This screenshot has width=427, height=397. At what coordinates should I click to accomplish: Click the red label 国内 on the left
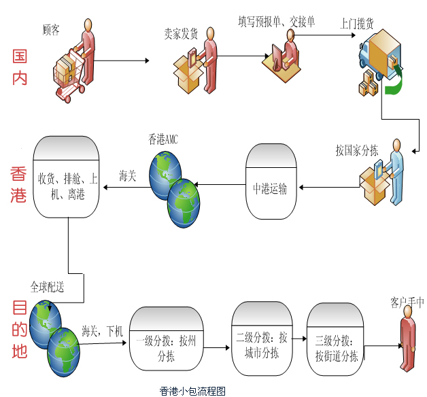[20, 66]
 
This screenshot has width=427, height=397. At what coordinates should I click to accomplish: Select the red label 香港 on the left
[18, 184]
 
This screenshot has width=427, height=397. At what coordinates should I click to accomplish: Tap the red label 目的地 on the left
[19, 331]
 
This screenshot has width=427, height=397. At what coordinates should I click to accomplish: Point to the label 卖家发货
[180, 32]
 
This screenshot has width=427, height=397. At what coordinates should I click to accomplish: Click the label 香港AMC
[163, 139]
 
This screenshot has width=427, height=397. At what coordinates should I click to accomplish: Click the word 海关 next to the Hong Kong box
[128, 176]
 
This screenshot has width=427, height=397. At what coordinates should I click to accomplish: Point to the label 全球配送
[47, 287]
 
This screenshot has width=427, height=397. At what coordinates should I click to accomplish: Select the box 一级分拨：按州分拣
[166, 339]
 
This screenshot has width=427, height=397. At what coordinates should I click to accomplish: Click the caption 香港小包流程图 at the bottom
[192, 390]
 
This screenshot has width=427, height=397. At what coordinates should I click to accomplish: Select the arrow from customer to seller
[123, 61]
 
